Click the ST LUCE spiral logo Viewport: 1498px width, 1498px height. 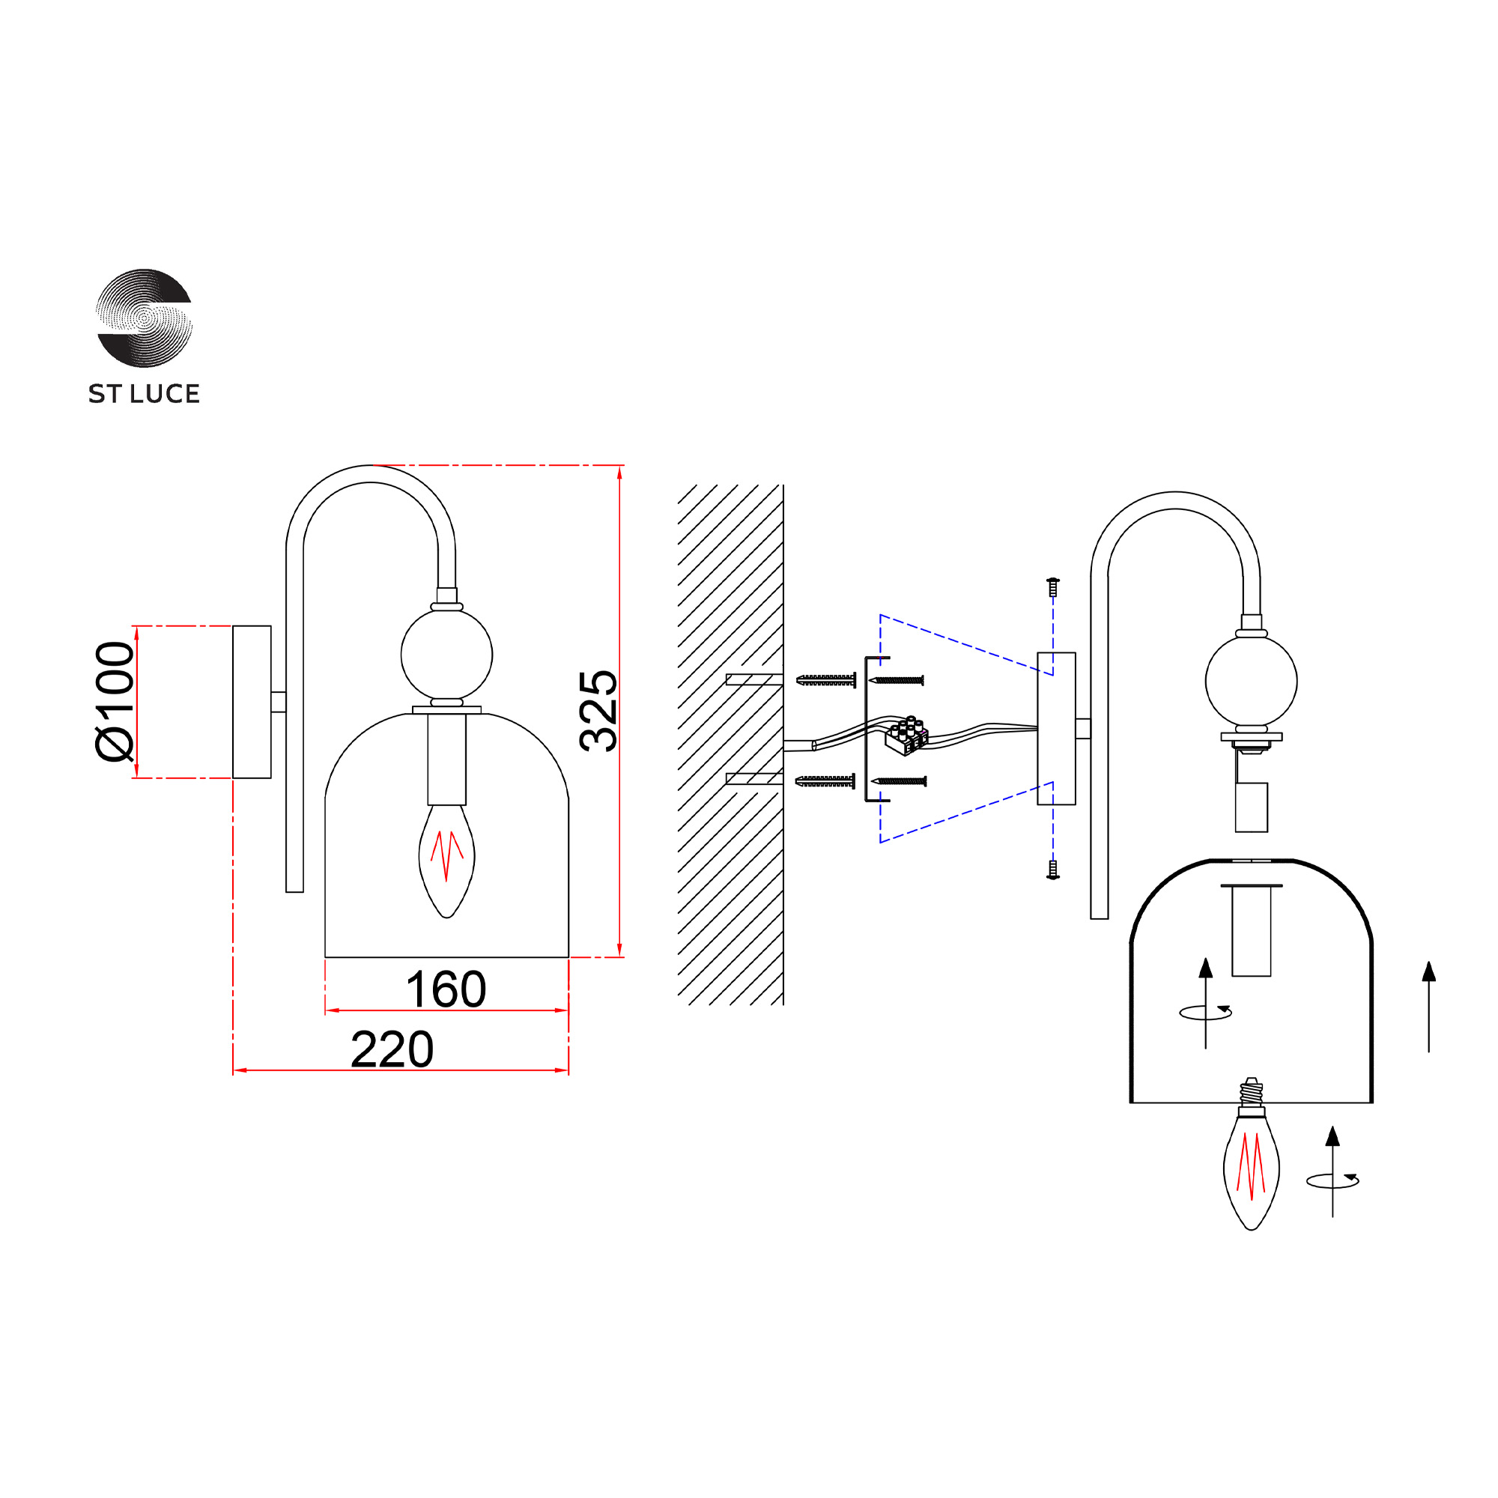click(144, 318)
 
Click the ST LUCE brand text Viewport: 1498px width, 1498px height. click(145, 394)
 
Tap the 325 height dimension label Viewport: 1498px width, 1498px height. click(598, 711)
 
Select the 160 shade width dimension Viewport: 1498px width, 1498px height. click(446, 989)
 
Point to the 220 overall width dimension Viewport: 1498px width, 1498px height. click(392, 1049)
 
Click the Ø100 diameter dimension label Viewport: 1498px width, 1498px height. click(115, 701)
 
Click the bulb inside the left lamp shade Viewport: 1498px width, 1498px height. click(446, 861)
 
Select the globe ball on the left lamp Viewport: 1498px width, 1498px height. click(446, 655)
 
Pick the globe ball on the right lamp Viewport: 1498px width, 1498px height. click(1252, 682)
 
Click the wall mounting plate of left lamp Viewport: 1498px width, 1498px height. click(252, 702)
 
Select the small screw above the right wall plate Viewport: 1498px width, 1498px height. click(1053, 587)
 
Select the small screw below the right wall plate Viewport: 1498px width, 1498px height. click(1053, 869)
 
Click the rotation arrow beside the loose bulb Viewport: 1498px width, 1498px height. click(1333, 1180)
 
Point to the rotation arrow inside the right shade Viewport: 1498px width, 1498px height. click(1206, 1012)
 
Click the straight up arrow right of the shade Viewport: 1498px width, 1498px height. click(1429, 1007)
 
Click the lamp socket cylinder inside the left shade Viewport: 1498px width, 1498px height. click(446, 759)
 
